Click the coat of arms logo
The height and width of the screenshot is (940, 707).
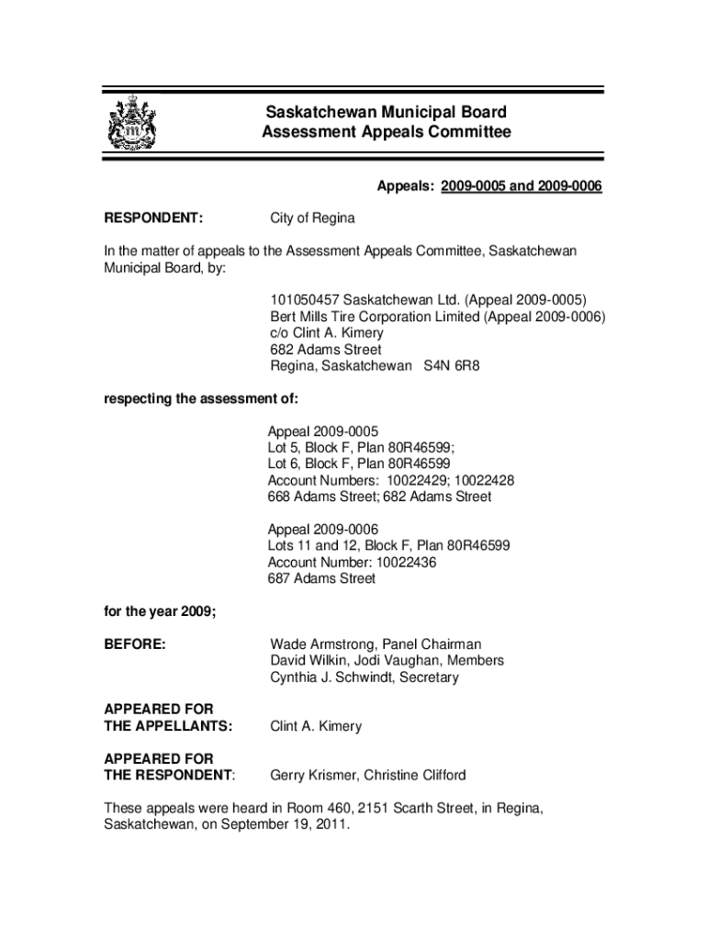click(x=132, y=122)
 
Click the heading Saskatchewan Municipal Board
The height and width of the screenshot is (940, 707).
click(x=386, y=113)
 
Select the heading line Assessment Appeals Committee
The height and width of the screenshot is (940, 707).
click(x=386, y=132)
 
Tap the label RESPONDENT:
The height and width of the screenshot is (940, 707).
click(x=153, y=218)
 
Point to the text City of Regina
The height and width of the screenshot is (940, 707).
click(x=312, y=218)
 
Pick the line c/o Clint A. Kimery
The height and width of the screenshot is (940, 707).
click(x=327, y=333)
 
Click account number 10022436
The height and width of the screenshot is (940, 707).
click(x=396, y=563)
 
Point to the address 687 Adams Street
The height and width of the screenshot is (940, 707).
click(x=321, y=579)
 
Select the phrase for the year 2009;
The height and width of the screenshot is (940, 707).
click(x=158, y=612)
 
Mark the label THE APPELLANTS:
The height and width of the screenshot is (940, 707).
click(x=168, y=726)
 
